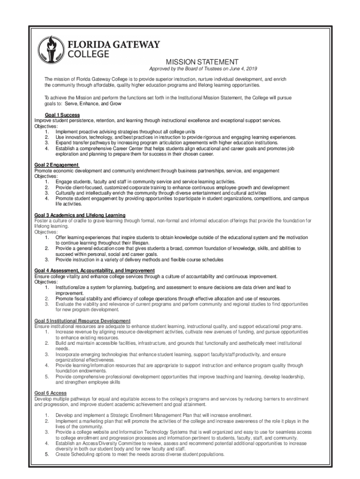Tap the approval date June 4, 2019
[240, 69]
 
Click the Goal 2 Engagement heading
[57, 165]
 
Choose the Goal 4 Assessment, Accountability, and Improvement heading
[94, 271]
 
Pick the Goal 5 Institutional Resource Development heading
[82, 320]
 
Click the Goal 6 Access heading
[50, 393]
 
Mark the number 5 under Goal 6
[47, 454]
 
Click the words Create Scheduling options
[82, 454]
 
